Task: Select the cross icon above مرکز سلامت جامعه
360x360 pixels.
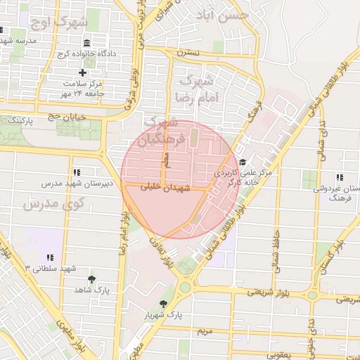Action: (x=82, y=72)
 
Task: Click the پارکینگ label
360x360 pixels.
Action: (x=20, y=121)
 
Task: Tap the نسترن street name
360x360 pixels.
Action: (x=188, y=53)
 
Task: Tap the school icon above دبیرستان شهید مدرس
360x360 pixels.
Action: (x=77, y=172)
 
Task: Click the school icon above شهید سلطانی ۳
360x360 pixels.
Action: (x=49, y=259)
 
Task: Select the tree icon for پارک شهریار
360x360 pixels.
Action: (x=164, y=304)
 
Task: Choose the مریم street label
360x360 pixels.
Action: (x=203, y=330)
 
